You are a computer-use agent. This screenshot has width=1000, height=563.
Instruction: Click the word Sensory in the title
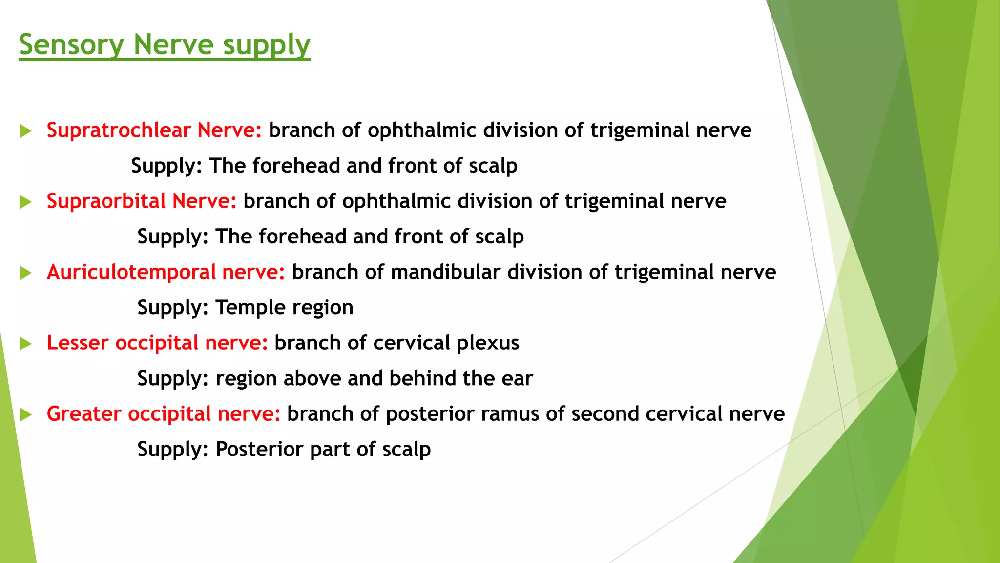click(x=71, y=45)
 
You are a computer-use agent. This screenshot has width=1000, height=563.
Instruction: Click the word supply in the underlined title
click(x=267, y=45)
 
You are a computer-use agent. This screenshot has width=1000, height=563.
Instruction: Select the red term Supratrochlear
click(x=119, y=130)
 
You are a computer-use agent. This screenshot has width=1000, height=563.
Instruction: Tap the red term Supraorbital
click(x=106, y=201)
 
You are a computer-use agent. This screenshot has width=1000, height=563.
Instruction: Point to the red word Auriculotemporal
click(x=131, y=272)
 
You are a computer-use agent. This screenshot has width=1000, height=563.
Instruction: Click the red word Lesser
click(x=78, y=343)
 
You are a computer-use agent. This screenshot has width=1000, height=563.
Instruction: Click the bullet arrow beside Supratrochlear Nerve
click(x=26, y=131)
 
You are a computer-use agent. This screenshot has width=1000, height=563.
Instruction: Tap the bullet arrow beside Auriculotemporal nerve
click(x=26, y=273)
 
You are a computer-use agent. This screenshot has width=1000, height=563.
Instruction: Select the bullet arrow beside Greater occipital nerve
click(x=26, y=415)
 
